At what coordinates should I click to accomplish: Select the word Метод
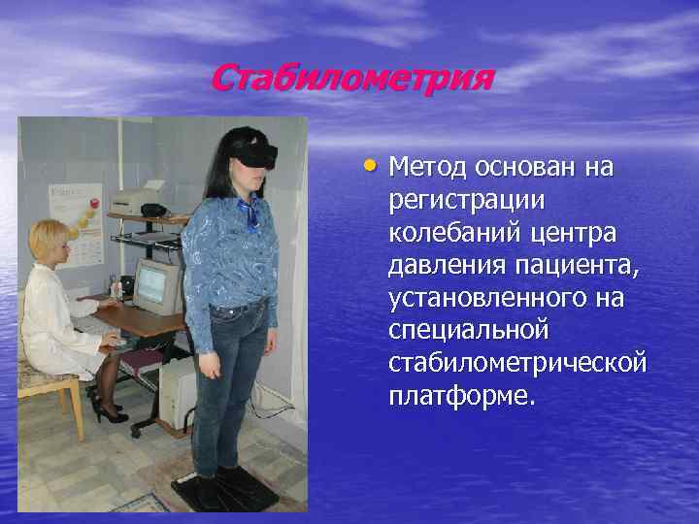[428, 168]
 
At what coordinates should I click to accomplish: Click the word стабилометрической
[516, 363]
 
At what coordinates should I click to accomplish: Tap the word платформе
[460, 396]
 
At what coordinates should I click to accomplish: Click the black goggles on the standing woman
[257, 152]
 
